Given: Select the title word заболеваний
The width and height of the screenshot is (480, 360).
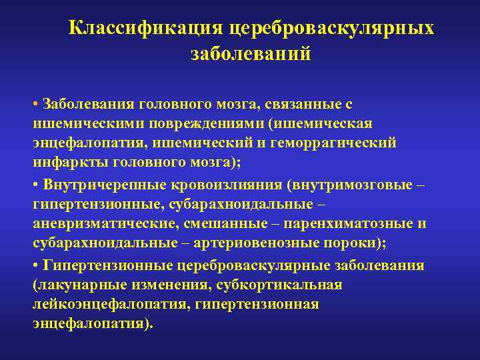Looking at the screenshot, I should (x=251, y=53).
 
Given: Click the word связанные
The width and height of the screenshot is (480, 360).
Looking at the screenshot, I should (x=303, y=104).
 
